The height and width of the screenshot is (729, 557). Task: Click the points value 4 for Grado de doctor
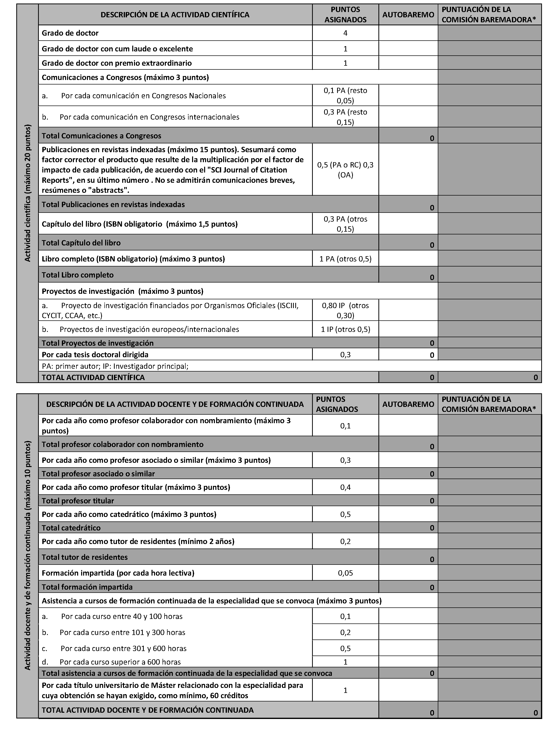(345, 33)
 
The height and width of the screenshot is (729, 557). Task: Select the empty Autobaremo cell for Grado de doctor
(408, 33)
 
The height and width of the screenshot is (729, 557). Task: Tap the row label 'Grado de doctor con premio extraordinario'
(117, 63)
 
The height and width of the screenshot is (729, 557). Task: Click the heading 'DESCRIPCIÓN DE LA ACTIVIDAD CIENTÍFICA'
(175, 15)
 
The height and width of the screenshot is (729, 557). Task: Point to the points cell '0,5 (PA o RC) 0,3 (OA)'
(345, 169)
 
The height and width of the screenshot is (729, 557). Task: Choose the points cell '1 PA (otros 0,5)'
(345, 259)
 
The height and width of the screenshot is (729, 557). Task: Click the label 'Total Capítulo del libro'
(81, 243)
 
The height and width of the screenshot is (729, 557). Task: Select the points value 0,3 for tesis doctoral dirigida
(345, 355)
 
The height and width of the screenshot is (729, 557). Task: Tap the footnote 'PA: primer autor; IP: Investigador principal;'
(115, 366)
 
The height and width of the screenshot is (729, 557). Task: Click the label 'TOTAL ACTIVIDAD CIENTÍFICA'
(93, 378)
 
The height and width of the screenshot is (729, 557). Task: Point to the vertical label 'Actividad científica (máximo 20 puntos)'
(28, 193)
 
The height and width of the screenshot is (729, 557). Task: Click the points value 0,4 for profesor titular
(345, 487)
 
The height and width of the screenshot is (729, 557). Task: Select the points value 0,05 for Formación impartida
(345, 573)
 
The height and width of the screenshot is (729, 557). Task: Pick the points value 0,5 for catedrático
(345, 514)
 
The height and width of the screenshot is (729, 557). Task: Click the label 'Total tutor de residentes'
(85, 557)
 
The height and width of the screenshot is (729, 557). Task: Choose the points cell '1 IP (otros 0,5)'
(345, 329)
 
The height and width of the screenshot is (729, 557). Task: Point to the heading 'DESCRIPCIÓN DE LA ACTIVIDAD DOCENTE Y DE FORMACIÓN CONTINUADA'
(175, 404)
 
